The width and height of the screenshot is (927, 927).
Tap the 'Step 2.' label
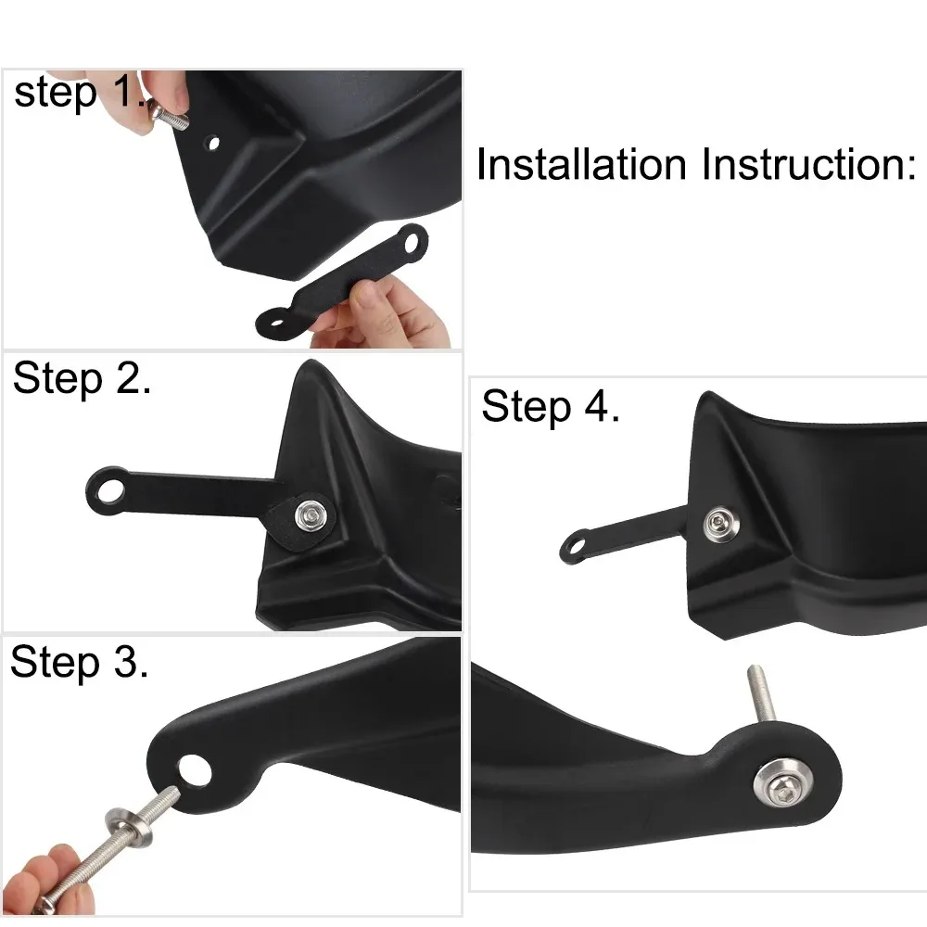pyautogui.click(x=82, y=381)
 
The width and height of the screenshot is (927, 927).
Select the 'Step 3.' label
pyautogui.click(x=79, y=664)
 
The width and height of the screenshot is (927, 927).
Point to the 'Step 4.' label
pyautogui.click(x=551, y=408)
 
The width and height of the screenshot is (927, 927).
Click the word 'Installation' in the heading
pyautogui.click(x=581, y=165)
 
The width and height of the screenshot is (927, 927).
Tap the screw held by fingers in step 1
pyautogui.click(x=172, y=120)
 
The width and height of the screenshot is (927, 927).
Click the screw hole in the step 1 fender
pyautogui.click(x=215, y=145)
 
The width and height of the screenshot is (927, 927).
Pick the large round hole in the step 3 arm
pyautogui.click(x=196, y=768)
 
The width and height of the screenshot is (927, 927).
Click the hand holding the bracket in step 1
pyautogui.click(x=389, y=311)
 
